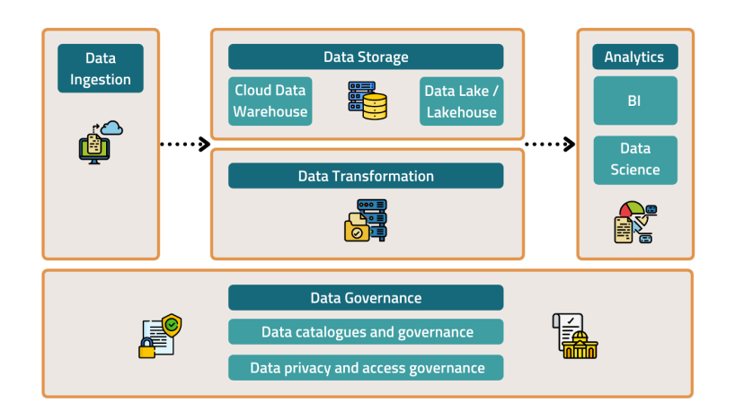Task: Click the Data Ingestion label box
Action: point(101,68)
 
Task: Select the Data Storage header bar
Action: point(366,57)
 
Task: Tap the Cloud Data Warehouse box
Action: point(270,101)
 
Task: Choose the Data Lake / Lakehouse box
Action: point(461,101)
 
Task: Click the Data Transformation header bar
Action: point(366,176)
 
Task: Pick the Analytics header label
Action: point(634,57)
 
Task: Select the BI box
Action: point(634,101)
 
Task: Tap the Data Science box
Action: point(634,159)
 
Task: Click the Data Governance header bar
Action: point(366,298)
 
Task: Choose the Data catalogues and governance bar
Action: point(366,332)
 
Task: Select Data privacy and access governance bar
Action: point(366,367)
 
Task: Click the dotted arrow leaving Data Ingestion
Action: point(184,144)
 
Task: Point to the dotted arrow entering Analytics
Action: point(549,144)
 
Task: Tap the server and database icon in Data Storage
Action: point(366,101)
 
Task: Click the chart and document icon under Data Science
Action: point(635,223)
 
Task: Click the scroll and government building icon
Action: point(574,337)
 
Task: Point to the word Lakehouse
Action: point(461,112)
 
